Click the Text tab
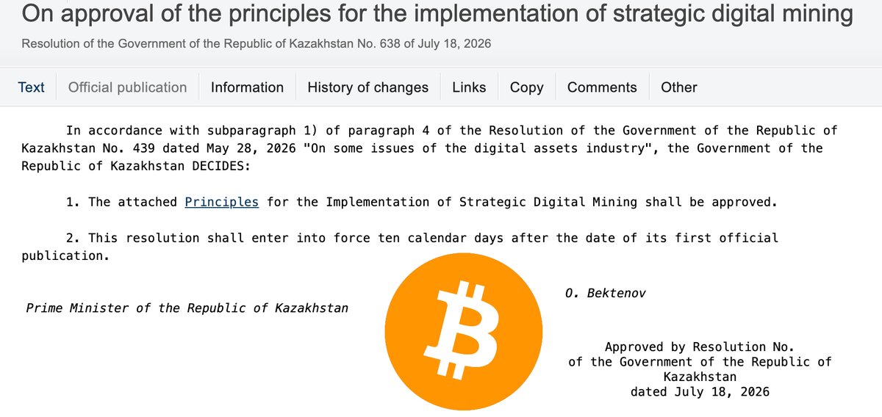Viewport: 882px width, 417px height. coord(31,87)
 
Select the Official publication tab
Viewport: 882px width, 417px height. coord(128,87)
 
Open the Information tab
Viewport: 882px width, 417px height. coord(247,87)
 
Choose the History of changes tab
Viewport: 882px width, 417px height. coord(367,87)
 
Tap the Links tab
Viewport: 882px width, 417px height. coord(469,87)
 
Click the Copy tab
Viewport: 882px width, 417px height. coord(527,87)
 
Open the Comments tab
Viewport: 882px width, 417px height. coord(602,87)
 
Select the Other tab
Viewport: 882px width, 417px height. coord(679,87)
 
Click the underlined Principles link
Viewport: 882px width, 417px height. coord(222,202)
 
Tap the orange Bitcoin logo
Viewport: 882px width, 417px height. coord(464,332)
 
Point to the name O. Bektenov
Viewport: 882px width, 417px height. coord(606,293)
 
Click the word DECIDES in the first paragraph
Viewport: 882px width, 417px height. coord(221,166)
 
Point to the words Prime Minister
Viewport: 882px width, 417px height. coord(77,308)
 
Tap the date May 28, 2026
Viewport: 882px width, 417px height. coord(251,148)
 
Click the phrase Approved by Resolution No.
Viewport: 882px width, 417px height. coord(700,347)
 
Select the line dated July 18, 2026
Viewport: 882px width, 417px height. coord(700,392)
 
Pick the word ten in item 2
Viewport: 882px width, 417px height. coord(389,238)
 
